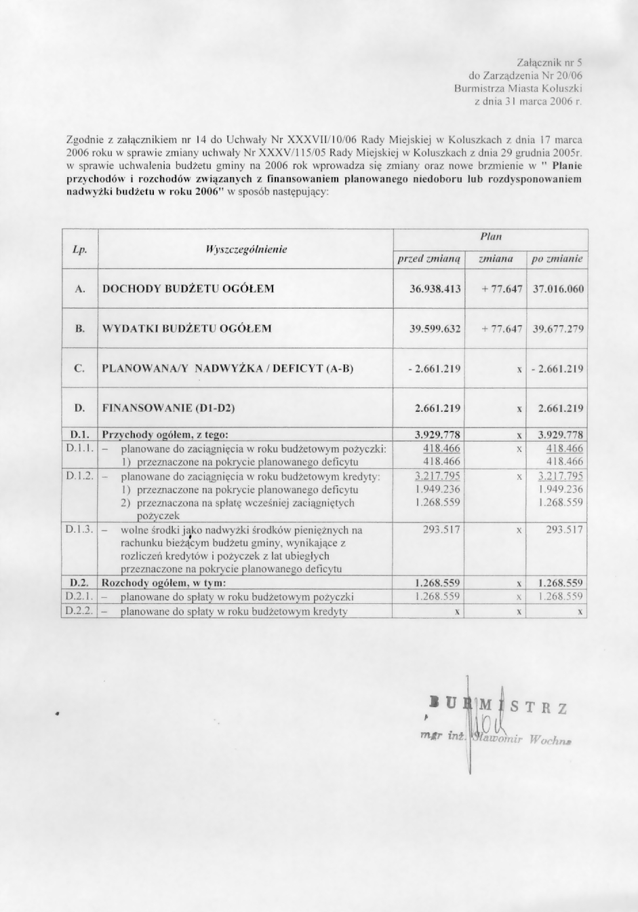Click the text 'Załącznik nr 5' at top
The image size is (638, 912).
click(549, 62)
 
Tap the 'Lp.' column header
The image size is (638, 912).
click(79, 249)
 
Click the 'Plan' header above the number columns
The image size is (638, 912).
click(490, 237)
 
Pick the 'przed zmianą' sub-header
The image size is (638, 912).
click(429, 259)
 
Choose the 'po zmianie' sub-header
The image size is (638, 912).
click(557, 259)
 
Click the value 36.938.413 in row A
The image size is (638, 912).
click(435, 288)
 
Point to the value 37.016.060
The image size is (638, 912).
click(558, 288)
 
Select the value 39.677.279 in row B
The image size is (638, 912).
click(558, 328)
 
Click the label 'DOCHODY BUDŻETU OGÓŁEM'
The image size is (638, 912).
click(188, 288)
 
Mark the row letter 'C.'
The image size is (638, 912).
click(79, 368)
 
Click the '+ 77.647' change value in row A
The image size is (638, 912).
click(501, 288)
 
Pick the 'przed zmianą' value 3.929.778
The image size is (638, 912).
click(437, 434)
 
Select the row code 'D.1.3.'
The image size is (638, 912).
click(79, 529)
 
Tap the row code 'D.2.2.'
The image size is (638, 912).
click(79, 611)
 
